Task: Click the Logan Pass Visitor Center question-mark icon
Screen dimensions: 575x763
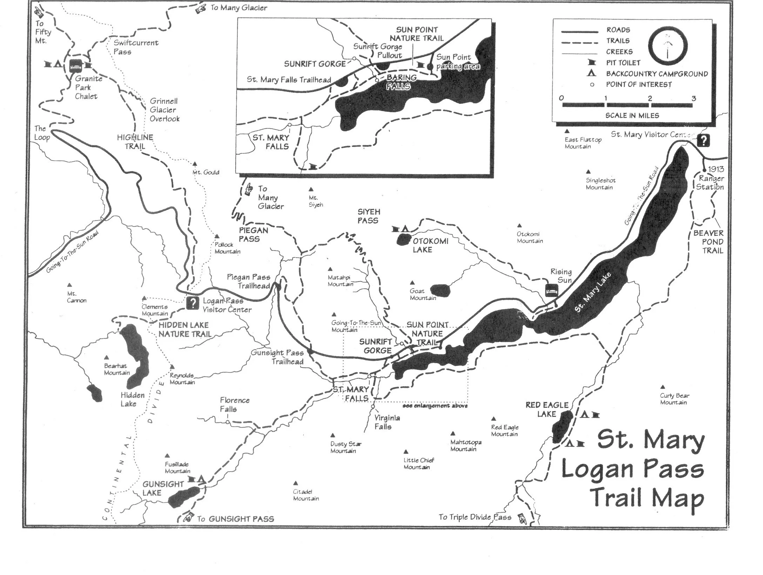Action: (193, 303)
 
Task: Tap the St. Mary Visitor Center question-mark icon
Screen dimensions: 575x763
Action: (703, 141)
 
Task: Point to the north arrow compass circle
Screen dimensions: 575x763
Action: (667, 46)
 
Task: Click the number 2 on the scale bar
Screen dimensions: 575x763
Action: (650, 99)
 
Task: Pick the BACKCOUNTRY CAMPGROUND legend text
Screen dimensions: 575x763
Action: (657, 74)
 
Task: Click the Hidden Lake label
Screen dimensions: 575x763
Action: (132, 399)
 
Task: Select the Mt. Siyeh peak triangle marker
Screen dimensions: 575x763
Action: (311, 190)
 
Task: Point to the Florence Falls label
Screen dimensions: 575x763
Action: (235, 405)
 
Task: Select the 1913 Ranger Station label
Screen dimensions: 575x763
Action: (711, 178)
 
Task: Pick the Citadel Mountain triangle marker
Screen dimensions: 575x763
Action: (296, 483)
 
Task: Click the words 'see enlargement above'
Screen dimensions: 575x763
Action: (435, 406)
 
